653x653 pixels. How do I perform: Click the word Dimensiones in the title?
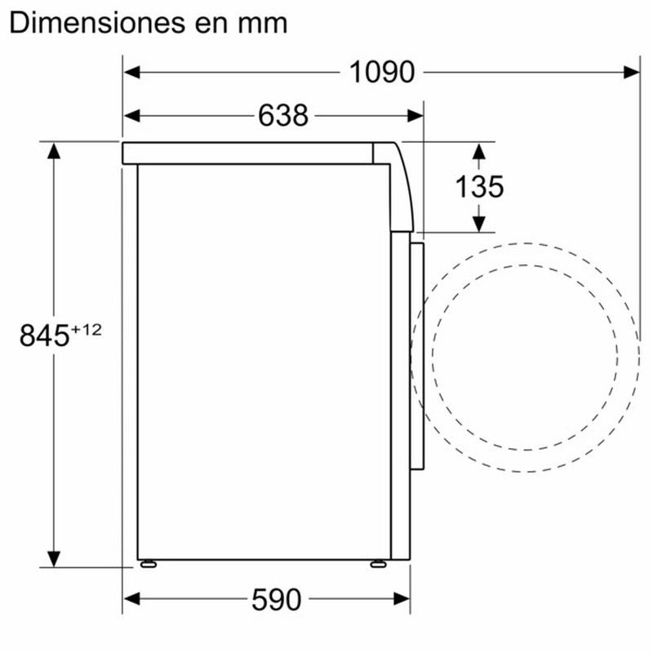pyautogui.click(x=97, y=24)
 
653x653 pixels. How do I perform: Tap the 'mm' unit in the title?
pyautogui.click(x=262, y=26)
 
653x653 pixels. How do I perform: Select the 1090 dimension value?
pyautogui.click(x=382, y=73)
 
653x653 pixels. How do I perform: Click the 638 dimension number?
pyautogui.click(x=283, y=115)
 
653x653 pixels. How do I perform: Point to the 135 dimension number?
pyautogui.click(x=479, y=187)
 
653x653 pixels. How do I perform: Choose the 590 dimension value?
pyautogui.click(x=276, y=600)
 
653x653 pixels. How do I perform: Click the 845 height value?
pyautogui.click(x=44, y=335)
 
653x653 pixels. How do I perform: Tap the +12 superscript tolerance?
pyautogui.click(x=87, y=331)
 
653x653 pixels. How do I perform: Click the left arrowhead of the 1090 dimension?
pyautogui.click(x=132, y=72)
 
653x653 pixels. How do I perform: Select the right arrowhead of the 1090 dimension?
pyautogui.click(x=632, y=72)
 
